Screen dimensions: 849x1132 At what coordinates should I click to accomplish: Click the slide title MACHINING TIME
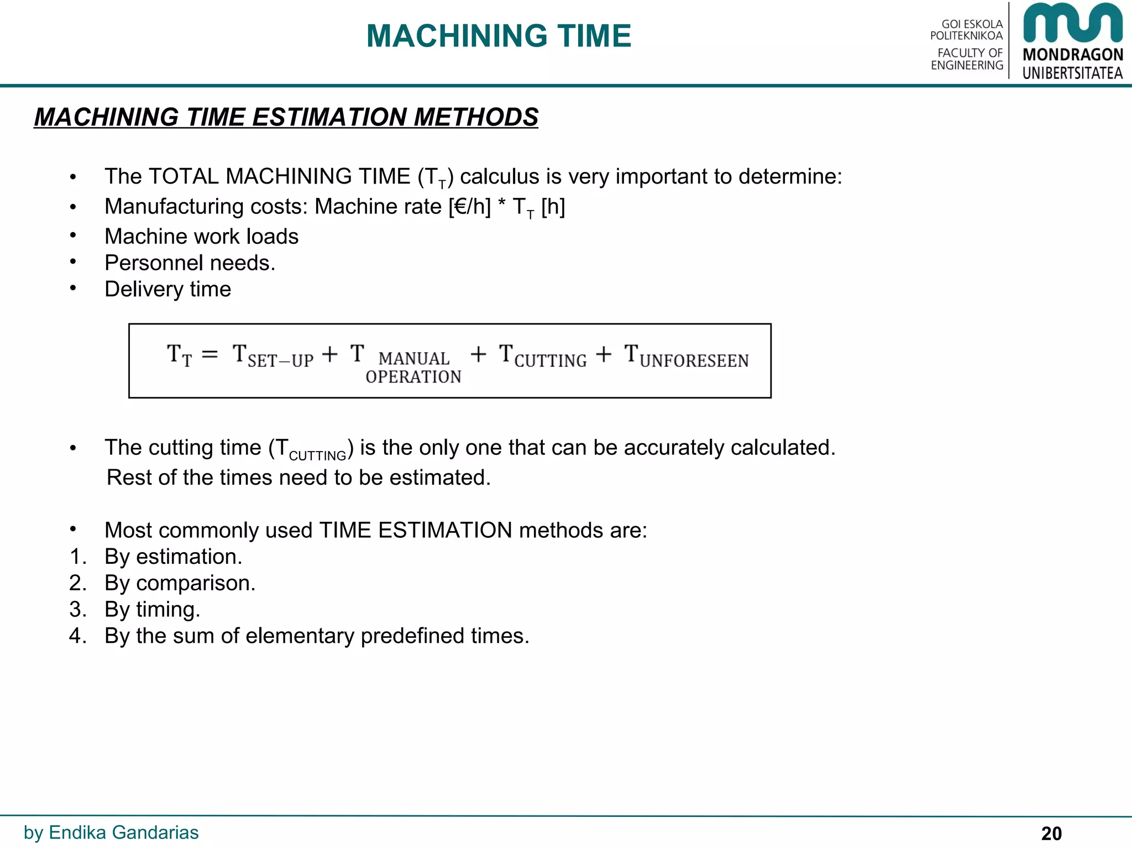click(499, 36)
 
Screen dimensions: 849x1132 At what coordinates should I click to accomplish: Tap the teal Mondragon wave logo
click(1072, 23)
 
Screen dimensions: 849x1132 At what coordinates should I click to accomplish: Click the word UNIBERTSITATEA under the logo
click(1072, 73)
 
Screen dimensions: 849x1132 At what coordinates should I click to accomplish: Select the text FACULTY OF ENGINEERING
click(967, 59)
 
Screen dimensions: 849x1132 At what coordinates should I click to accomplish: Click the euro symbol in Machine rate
click(462, 207)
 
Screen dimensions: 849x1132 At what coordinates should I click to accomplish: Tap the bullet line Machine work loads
click(201, 237)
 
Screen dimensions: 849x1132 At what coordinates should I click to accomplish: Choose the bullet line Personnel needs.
click(190, 263)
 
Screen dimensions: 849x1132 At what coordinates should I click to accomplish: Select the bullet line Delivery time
click(167, 290)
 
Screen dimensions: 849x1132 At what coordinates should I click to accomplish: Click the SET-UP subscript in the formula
click(280, 361)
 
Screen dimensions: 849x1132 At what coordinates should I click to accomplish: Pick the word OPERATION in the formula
click(413, 377)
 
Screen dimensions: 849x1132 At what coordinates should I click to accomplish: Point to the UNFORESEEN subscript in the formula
click(694, 361)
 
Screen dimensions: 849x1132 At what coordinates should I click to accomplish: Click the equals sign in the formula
click(209, 354)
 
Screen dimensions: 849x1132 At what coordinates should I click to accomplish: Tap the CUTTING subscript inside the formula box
click(551, 361)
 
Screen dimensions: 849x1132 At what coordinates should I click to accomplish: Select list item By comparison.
click(180, 583)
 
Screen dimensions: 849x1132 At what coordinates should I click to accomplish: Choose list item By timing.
click(152, 610)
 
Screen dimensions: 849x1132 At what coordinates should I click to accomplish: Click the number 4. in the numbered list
click(78, 636)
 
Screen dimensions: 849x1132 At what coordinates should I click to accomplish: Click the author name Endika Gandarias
click(123, 832)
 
